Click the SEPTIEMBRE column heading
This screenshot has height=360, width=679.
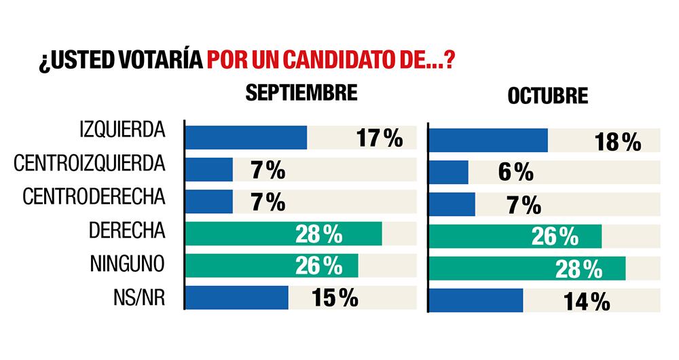(301, 93)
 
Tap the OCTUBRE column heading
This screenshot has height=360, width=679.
(547, 96)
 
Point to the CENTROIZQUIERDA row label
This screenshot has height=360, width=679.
(89, 164)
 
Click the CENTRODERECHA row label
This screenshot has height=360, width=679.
(94, 197)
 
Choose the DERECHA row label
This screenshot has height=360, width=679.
(127, 230)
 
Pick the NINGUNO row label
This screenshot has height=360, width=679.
(127, 264)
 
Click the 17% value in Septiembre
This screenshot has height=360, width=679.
(379, 139)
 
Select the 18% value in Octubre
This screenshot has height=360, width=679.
(618, 142)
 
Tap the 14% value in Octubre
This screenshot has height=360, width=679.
(587, 302)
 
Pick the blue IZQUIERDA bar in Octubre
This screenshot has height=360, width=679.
(489, 140)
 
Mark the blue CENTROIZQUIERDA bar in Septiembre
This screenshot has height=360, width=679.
(209, 170)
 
